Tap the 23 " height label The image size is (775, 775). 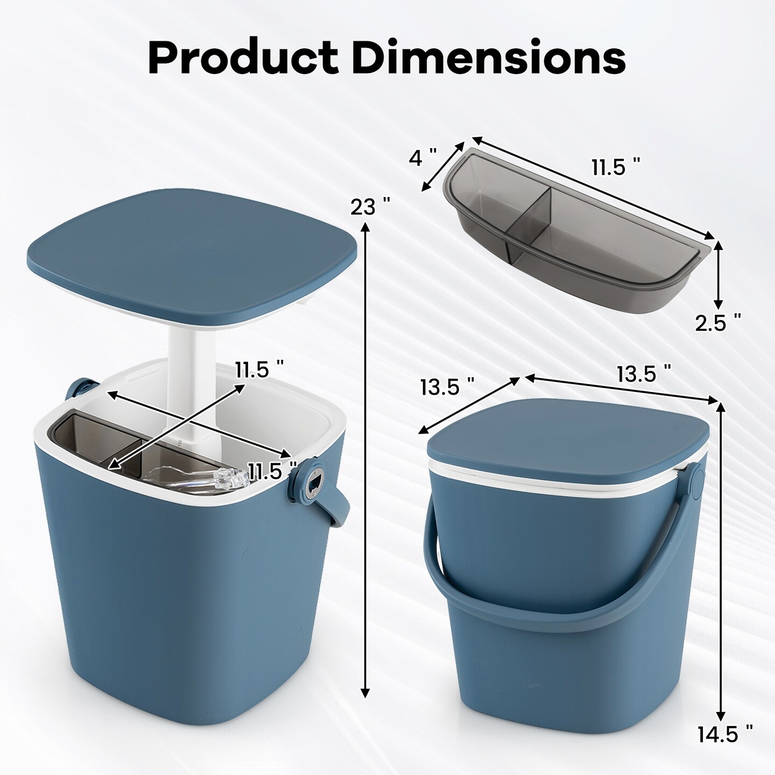point(370,206)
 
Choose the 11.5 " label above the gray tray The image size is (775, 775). point(616,167)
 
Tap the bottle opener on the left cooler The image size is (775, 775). point(311,484)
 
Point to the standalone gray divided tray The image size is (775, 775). point(570,237)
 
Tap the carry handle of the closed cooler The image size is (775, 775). point(544,587)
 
